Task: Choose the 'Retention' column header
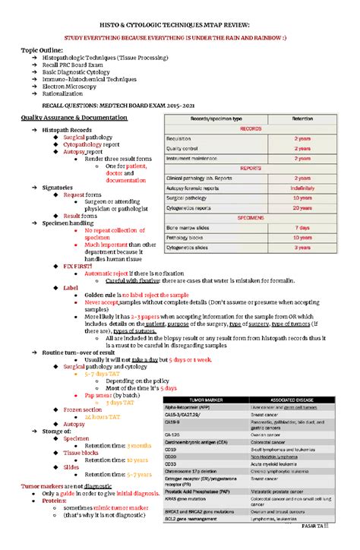click(x=302, y=119)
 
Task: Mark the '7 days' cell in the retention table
click(x=302, y=227)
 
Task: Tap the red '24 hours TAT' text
click(x=104, y=417)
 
